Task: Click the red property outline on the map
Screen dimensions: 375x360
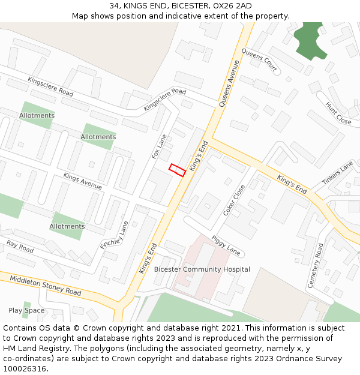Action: (177, 170)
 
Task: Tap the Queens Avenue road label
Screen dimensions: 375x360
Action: (229, 83)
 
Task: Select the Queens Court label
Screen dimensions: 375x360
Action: (259, 60)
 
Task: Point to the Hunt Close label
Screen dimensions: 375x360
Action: (338, 113)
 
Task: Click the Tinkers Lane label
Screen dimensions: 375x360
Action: (338, 173)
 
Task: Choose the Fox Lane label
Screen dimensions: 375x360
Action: (160, 146)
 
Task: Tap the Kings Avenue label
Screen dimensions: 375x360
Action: (82, 181)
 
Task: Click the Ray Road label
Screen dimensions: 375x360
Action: (20, 246)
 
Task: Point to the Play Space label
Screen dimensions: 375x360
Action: (26, 310)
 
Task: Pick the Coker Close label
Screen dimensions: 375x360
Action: (234, 200)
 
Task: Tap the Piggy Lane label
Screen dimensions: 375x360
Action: (226, 245)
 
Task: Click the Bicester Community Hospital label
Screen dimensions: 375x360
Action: (202, 269)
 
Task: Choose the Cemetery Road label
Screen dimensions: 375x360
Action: (315, 265)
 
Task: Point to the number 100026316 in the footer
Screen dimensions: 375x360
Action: (23, 369)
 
